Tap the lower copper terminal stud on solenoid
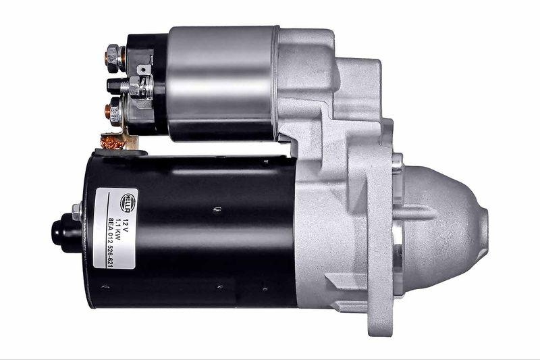coord(113,110)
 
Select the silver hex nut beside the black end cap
coord(76,211)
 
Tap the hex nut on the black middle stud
coord(132,87)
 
